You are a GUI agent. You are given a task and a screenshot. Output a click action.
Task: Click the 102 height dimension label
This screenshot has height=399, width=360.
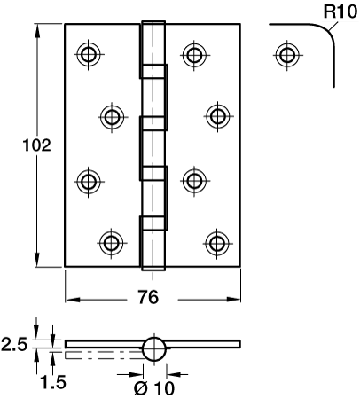(x=37, y=145)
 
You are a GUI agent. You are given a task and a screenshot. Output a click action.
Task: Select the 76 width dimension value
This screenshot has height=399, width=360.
(x=148, y=297)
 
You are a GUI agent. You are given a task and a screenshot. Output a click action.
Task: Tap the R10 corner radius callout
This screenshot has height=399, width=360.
(x=340, y=12)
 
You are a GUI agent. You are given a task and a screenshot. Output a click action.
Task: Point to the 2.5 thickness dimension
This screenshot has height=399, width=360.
(x=14, y=344)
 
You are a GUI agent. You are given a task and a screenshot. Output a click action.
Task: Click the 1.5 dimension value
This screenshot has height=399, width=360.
(x=53, y=382)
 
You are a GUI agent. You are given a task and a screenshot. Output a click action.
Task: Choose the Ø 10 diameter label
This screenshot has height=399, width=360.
(x=153, y=388)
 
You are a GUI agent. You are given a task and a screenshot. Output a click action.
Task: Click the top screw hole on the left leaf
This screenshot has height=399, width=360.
(x=89, y=55)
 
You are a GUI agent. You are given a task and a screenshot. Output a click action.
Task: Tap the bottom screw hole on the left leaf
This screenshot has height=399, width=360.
(x=112, y=243)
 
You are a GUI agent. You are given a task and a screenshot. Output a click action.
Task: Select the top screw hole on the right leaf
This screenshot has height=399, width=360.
(x=194, y=55)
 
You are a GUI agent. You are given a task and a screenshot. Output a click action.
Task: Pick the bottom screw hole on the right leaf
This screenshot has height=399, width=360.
(x=217, y=243)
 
